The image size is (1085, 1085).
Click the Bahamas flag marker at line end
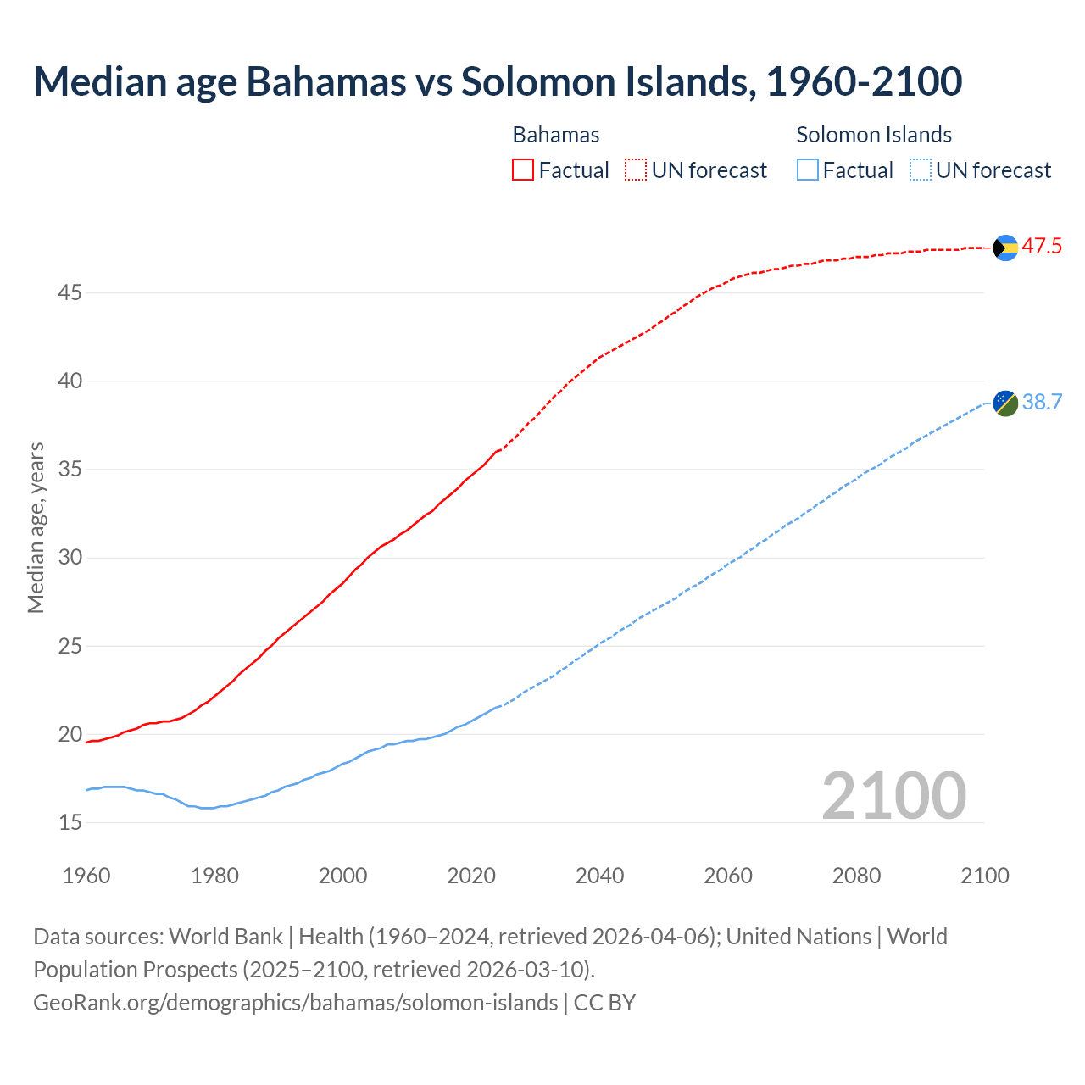pos(1005,248)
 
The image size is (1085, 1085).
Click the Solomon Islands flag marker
pos(1005,403)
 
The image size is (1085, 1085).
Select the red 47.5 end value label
pos(1042,247)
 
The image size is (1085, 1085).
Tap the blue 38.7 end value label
pos(1042,402)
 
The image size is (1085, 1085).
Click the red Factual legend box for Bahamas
pos(523,170)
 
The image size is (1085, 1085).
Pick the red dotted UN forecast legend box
pos(636,170)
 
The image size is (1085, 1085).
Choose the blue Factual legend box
pos(808,170)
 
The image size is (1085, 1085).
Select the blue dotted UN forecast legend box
pos(920,170)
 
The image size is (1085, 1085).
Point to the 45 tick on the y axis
pos(70,293)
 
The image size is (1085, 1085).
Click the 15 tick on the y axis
pos(70,822)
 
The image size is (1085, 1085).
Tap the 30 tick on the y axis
pos(70,558)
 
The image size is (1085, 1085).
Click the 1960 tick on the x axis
pos(86,876)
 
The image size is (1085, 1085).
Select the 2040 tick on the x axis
pos(599,876)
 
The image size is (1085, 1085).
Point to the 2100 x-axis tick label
pos(984,876)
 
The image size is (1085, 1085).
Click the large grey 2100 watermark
pos(893,795)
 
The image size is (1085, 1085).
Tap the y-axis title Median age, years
pos(36,527)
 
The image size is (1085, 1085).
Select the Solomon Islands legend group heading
pos(874,135)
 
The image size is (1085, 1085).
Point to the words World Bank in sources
pos(225,937)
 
